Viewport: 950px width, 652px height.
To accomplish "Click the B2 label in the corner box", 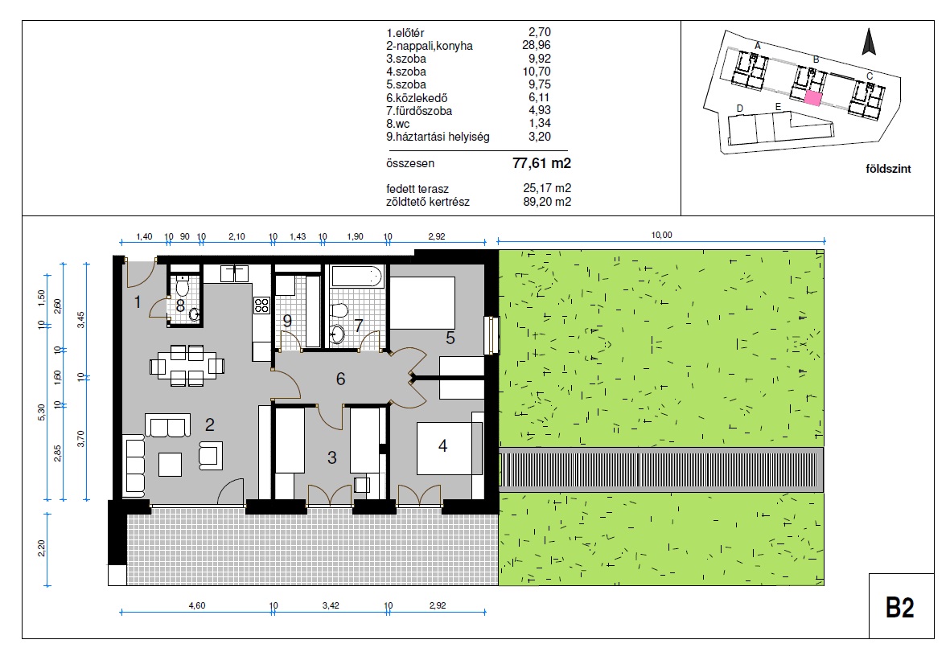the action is (x=899, y=607).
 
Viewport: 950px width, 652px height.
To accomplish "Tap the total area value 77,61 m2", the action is (x=541, y=163).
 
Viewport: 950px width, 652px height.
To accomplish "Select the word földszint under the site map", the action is (x=888, y=169).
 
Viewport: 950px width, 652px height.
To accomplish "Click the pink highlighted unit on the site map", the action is (x=812, y=99).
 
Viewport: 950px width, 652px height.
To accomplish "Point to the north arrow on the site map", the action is (x=870, y=42).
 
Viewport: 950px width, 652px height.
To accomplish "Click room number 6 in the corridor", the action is (x=340, y=379).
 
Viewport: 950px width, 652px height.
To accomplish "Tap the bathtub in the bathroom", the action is (x=357, y=276).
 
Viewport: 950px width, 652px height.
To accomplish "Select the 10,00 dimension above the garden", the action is (x=661, y=235).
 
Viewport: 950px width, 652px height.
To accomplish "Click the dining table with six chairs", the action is (x=187, y=366).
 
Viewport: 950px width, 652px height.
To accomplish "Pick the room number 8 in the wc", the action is (x=180, y=305).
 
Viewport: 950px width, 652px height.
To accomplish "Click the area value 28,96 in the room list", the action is (x=537, y=45).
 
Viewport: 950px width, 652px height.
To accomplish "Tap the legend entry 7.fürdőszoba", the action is (x=419, y=111).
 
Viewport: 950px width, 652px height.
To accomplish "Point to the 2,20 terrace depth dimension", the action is (x=41, y=548).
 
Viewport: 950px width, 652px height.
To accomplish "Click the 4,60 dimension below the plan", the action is (x=197, y=605).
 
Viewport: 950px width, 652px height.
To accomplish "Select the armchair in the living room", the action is (x=210, y=455).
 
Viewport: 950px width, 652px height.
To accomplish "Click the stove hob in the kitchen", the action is (x=261, y=305).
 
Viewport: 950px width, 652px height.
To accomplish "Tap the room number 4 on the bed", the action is (x=443, y=446).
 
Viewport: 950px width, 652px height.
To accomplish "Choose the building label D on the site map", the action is (x=740, y=109).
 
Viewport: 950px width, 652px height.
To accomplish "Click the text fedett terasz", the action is (x=417, y=189).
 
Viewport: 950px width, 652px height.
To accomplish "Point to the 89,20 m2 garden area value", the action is (x=547, y=202).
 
